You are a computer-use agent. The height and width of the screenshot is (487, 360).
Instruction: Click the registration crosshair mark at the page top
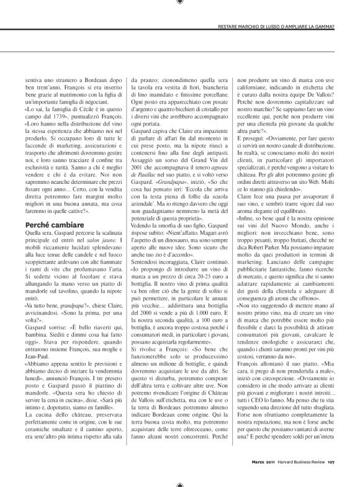tap(180, 4)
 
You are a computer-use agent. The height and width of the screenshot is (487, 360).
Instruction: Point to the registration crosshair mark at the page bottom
tap(180, 482)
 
